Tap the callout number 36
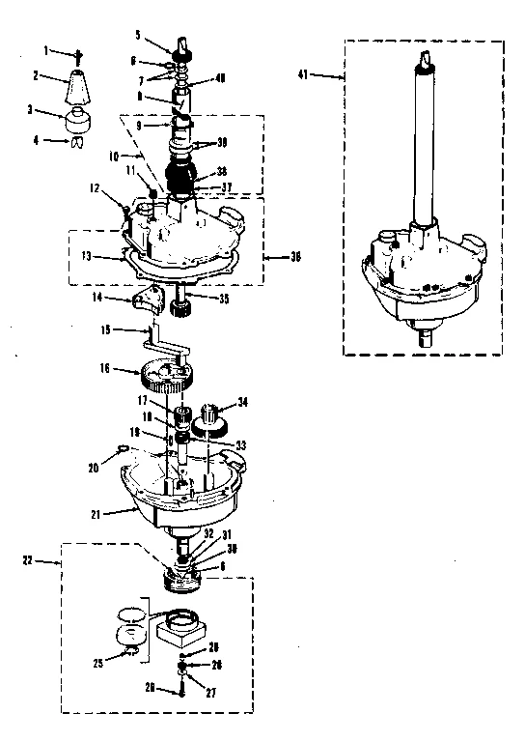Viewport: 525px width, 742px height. pos(296,257)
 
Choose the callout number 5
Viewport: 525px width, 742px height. pos(138,35)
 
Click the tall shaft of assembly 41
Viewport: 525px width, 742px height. pos(422,145)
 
